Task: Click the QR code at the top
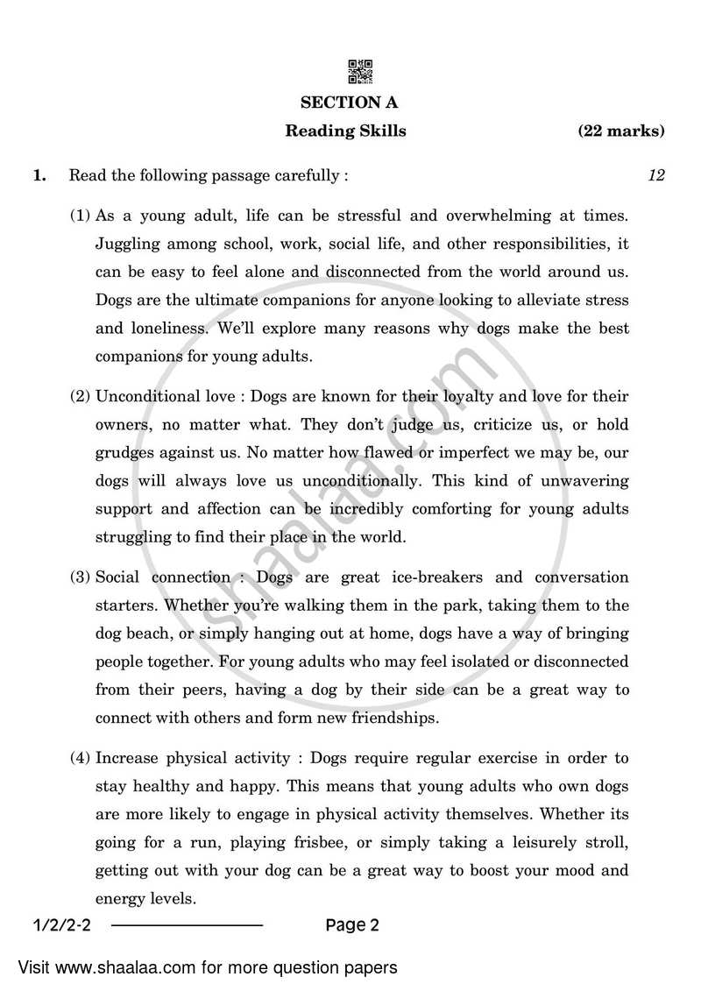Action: point(361,71)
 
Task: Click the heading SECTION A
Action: point(349,103)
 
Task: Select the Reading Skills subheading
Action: point(345,131)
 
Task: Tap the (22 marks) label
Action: point(620,131)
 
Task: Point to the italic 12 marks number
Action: point(655,175)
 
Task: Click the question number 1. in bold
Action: point(39,175)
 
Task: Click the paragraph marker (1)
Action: point(80,215)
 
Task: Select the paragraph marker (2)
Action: point(80,396)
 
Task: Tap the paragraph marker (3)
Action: point(80,577)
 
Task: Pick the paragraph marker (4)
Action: point(80,758)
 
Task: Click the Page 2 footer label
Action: point(351,924)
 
